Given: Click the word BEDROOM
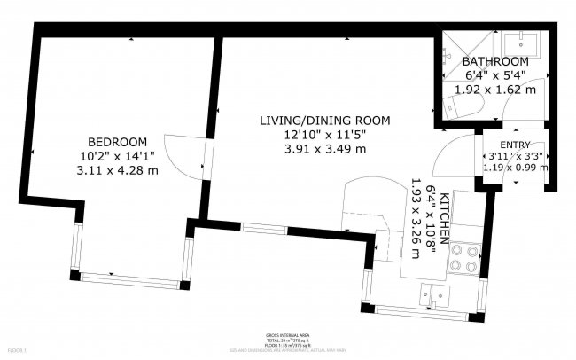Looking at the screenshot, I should click(117, 142).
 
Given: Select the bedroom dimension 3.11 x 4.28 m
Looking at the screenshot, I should click(117, 170).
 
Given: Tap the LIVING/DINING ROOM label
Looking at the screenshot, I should click(324, 120).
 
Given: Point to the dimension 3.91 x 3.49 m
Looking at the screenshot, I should click(324, 148).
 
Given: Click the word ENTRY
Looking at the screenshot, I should click(515, 145).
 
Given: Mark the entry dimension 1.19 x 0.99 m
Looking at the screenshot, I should click(515, 166).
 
